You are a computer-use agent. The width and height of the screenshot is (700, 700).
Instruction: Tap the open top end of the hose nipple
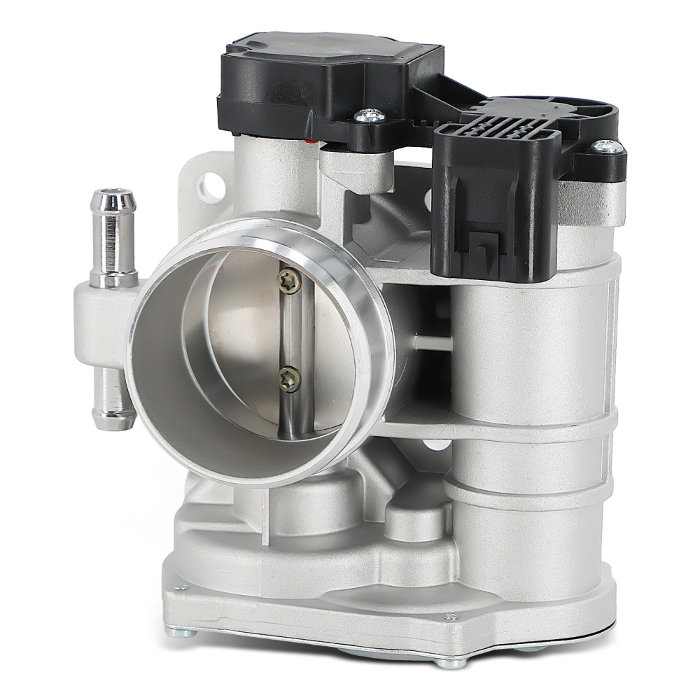(x=113, y=195)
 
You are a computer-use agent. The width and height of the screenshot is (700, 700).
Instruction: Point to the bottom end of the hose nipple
(x=113, y=420)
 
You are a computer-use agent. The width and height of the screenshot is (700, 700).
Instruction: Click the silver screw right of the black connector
(x=607, y=147)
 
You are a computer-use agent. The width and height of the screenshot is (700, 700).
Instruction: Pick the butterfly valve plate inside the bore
(x=238, y=336)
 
